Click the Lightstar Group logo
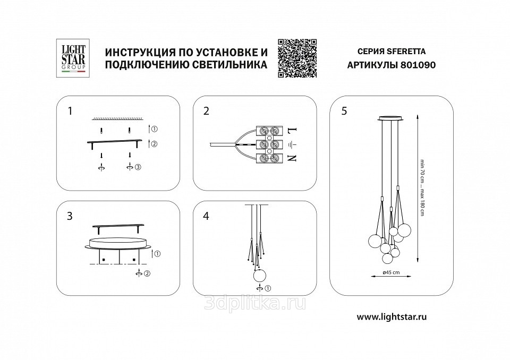73,58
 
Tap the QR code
297,58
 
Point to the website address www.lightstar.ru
392,317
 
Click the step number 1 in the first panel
70,111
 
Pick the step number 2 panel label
206,111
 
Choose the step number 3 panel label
70,216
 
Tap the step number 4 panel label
206,216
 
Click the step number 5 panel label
344,111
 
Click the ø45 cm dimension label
392,272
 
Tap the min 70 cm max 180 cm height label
422,188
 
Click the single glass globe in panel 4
260,276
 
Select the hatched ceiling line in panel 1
118,119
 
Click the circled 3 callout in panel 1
138,167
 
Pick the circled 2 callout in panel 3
147,273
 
